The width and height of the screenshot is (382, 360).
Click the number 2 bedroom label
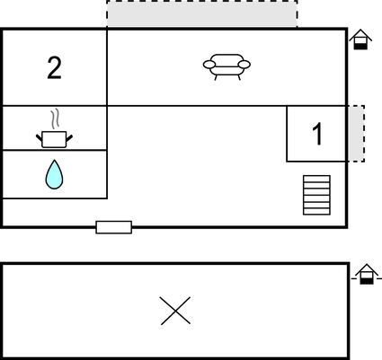[x=54, y=68]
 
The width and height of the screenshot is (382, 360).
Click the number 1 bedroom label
[x=317, y=134]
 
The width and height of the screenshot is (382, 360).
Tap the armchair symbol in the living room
[x=227, y=67]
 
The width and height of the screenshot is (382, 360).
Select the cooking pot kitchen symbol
[x=54, y=139]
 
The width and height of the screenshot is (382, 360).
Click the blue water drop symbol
[x=54, y=174]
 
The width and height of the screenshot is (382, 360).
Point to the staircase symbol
[x=316, y=195]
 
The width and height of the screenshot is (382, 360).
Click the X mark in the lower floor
[x=175, y=311]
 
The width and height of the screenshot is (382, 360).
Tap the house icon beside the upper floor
[x=360, y=40]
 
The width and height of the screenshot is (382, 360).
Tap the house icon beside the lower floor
[x=367, y=274]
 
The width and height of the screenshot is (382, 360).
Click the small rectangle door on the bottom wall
[x=114, y=227]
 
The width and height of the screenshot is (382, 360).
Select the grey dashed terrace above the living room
[x=202, y=13]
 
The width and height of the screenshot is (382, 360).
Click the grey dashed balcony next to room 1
[x=357, y=134]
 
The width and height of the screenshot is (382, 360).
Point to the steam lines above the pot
[x=55, y=119]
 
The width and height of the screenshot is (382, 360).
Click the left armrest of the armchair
[x=209, y=65]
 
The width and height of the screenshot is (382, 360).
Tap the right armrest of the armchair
[x=244, y=65]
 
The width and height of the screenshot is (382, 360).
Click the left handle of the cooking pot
[x=40, y=138]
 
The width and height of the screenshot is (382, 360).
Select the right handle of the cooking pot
[x=69, y=138]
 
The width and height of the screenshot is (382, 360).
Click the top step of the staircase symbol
[x=316, y=179]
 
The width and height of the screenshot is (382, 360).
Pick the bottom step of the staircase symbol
[x=316, y=212]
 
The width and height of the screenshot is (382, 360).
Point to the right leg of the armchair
[x=239, y=77]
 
